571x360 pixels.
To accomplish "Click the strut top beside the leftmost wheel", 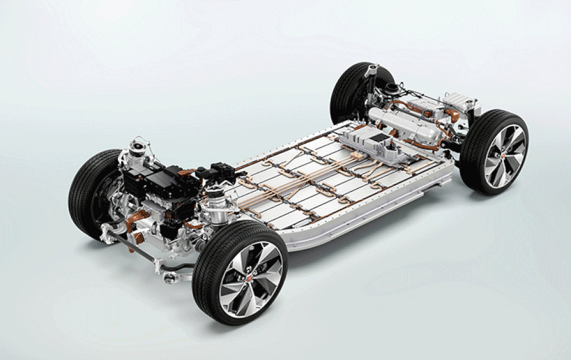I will (x=139, y=149).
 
